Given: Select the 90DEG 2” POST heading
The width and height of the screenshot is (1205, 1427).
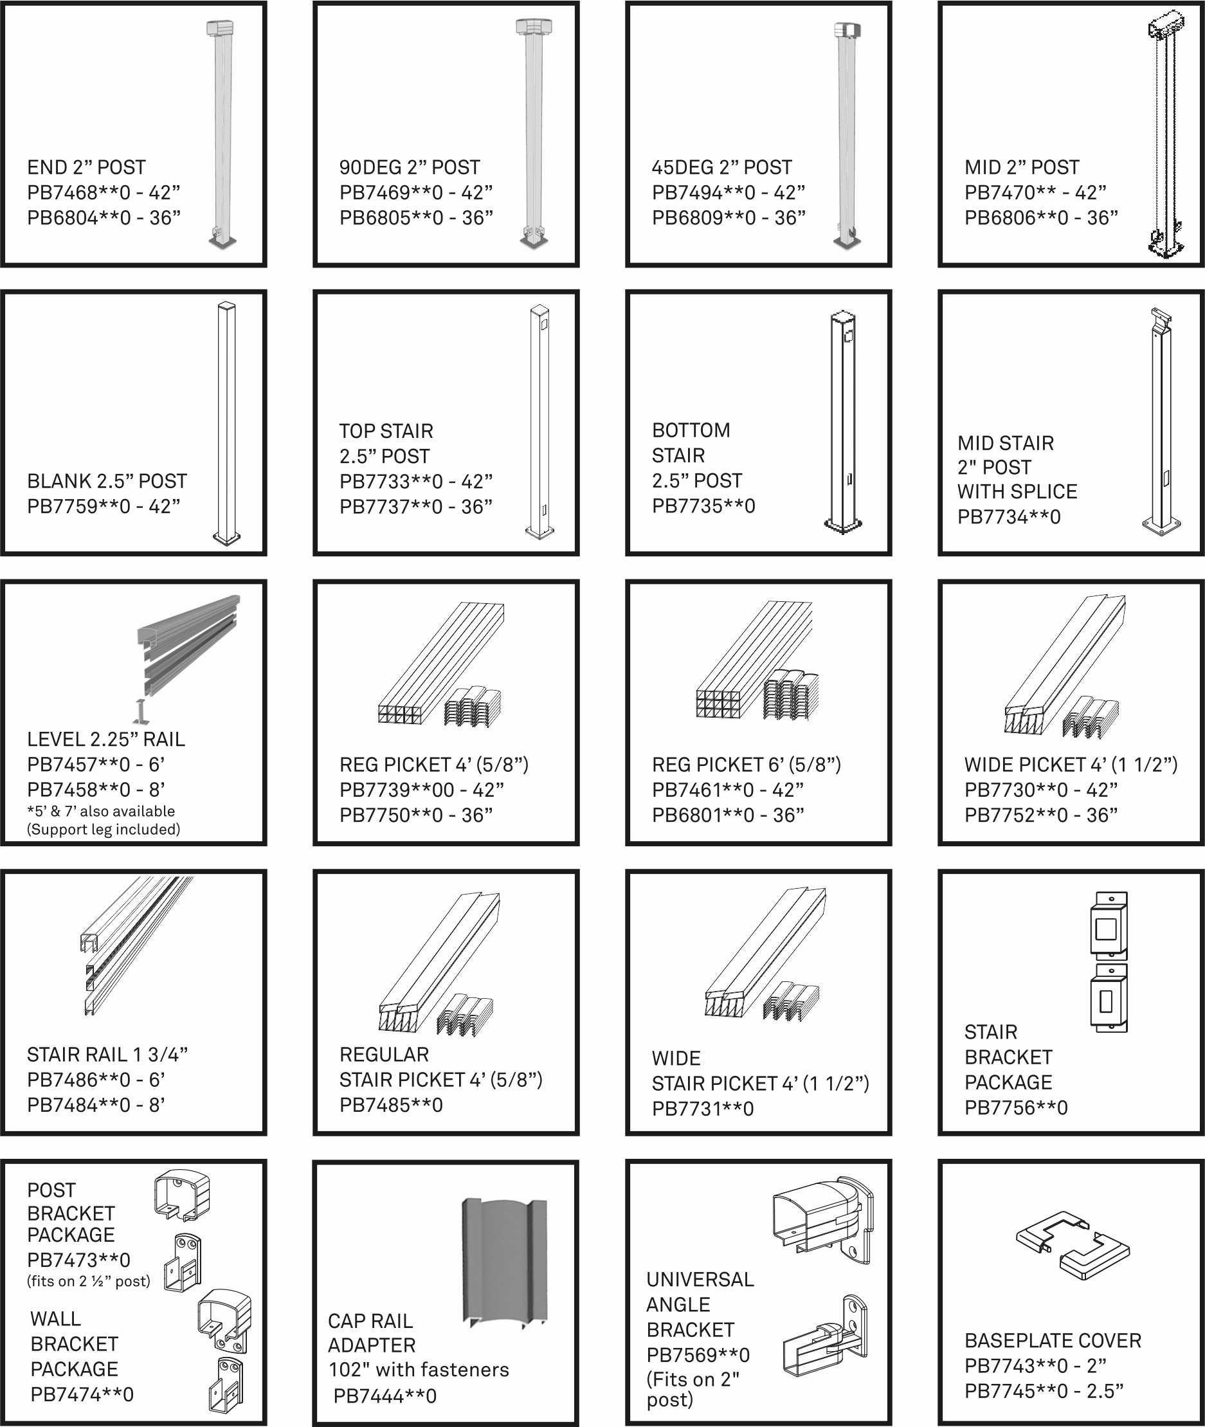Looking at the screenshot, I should click(x=409, y=167).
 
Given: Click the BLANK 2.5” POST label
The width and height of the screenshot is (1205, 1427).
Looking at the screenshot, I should click(x=107, y=481).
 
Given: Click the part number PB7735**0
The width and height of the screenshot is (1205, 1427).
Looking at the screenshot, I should click(x=703, y=506).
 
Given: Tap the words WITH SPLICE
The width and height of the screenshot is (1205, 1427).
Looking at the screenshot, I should click(x=1017, y=491).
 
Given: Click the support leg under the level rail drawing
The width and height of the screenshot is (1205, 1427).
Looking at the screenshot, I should click(x=141, y=713).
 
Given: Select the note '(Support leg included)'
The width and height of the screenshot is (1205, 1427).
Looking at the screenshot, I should click(x=104, y=830).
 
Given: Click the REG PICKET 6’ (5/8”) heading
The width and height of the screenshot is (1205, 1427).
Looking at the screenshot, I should click(x=746, y=765).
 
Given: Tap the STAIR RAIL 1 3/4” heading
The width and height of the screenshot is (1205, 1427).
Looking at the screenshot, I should click(x=107, y=1055).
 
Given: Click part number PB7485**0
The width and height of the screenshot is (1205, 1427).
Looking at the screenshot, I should click(x=391, y=1105).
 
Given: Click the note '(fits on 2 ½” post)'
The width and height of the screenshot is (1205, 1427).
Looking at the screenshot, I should click(x=89, y=1281).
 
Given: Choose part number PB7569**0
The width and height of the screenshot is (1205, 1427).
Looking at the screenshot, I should click(x=698, y=1354).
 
